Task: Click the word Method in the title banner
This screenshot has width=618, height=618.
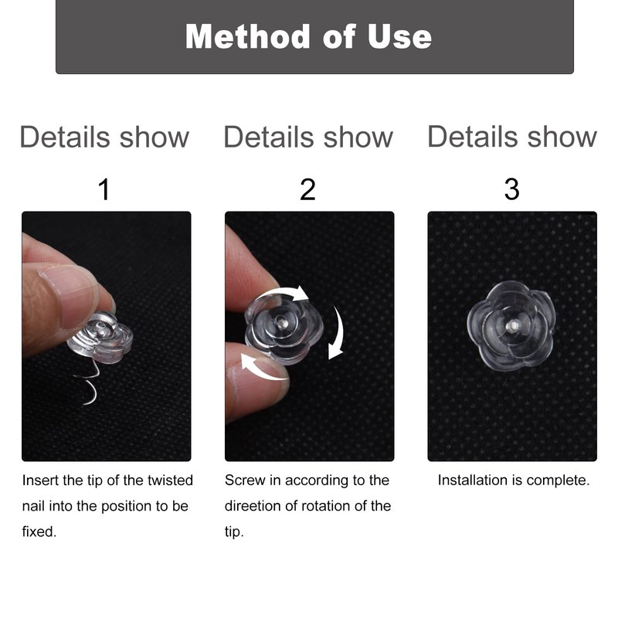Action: point(247,36)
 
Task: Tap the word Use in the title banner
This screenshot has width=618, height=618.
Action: point(399,36)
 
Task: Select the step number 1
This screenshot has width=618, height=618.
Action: point(104,189)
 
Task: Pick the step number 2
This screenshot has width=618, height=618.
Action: point(307,189)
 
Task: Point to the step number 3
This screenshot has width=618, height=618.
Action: point(511,189)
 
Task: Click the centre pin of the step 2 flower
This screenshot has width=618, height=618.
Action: point(281,322)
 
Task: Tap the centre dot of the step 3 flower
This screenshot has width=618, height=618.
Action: point(514,325)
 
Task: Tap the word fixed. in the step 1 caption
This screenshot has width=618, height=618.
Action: point(39,531)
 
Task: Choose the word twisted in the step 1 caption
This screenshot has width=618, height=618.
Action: point(170,480)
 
